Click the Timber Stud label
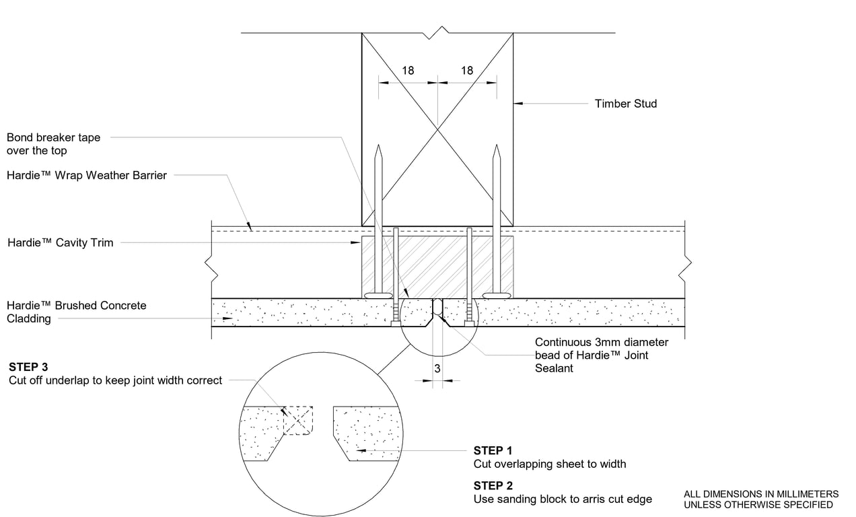[625, 104]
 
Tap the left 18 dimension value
[408, 71]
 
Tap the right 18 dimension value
[467, 71]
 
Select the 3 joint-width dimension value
[437, 368]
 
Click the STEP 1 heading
[493, 450]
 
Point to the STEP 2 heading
[493, 485]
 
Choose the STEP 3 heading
[28, 367]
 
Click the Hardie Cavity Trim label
[60, 242]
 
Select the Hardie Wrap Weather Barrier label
[87, 176]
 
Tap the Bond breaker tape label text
[53, 144]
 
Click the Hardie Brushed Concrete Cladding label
[76, 312]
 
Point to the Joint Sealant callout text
[601, 355]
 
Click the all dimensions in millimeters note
[760, 499]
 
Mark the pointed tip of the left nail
[379, 146]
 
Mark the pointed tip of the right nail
[496, 146]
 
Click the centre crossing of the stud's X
[437, 129]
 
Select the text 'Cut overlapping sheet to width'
[549, 464]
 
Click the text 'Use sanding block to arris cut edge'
[563, 499]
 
